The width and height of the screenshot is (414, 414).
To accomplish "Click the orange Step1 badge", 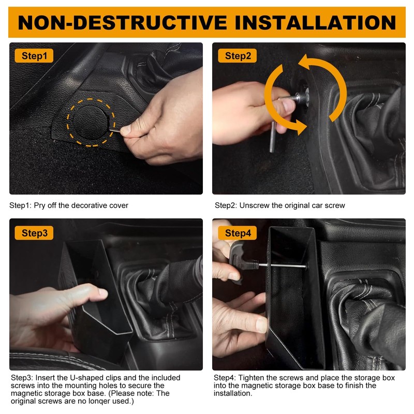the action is pos(34,56).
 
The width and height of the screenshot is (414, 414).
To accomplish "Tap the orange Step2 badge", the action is pos(238,56).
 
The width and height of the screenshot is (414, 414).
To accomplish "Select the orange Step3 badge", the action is pos(34,233).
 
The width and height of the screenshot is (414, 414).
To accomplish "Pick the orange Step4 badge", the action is pos(238,233).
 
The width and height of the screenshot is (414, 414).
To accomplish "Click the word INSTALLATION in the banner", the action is pos(316,23).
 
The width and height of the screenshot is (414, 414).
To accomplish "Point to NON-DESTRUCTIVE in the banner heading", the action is pos(123,23).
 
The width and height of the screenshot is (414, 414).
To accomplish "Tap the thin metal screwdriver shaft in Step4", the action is pos(282,265).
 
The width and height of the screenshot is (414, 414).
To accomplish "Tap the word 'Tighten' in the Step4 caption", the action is pos(250,378).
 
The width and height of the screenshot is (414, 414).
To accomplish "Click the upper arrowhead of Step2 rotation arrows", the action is pos(304,61).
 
